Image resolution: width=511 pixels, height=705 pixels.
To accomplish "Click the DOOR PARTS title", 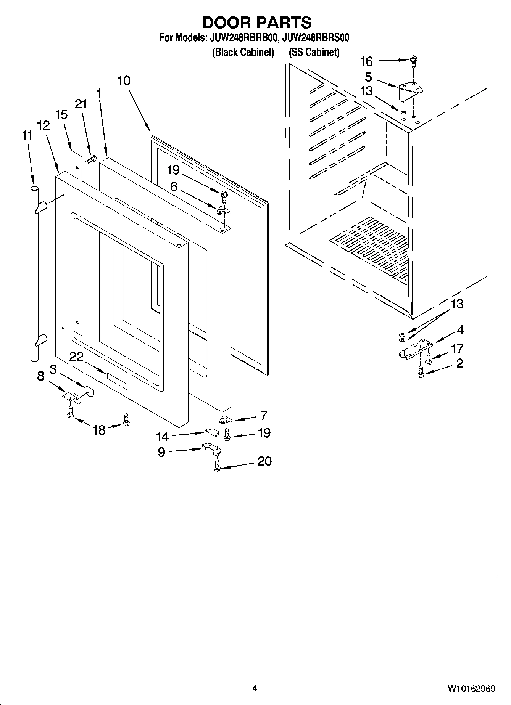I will tap(256, 23).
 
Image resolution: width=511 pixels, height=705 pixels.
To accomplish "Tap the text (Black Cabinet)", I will tap(243, 52).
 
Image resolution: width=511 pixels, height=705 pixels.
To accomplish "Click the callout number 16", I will tap(366, 61).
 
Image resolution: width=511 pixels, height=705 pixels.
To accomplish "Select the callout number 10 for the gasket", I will tap(124, 80).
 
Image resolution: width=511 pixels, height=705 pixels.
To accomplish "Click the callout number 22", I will tap(76, 357).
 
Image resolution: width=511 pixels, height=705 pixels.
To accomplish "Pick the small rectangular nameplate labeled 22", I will tap(117, 381).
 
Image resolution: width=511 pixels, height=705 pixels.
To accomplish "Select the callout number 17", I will tap(457, 349).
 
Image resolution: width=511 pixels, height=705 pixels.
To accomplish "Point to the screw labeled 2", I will tap(421, 372).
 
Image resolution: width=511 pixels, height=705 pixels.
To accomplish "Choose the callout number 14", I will tap(162, 437).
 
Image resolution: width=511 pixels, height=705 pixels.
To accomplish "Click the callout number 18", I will tap(99, 430).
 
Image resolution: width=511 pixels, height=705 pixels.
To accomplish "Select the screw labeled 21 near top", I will tap(90, 160).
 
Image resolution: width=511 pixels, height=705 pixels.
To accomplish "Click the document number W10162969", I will tap(471, 688).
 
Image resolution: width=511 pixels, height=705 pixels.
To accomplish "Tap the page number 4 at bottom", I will tap(255, 688).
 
